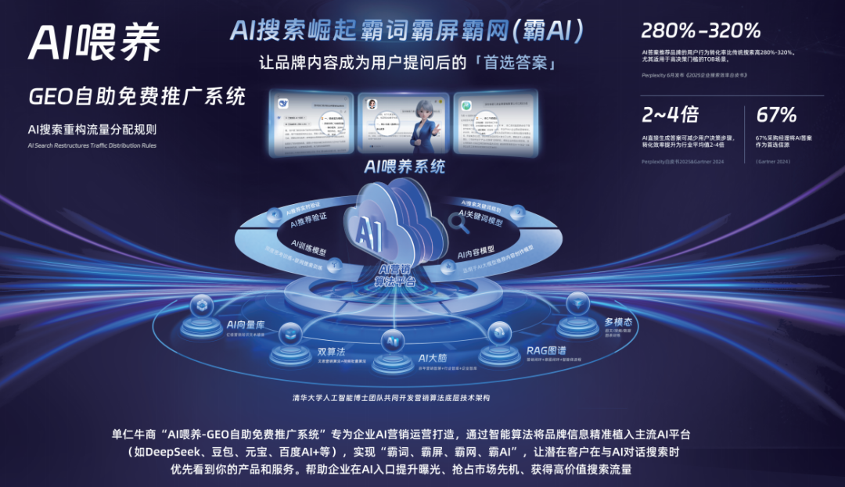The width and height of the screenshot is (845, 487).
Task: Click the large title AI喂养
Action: (95, 41)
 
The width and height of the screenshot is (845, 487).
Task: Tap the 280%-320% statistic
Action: (700, 31)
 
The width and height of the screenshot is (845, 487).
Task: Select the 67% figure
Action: (776, 116)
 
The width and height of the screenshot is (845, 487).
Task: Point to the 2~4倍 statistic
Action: (670, 116)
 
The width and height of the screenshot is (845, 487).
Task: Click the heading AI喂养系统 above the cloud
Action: (405, 167)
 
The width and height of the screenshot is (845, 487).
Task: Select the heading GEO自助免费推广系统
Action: (136, 96)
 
